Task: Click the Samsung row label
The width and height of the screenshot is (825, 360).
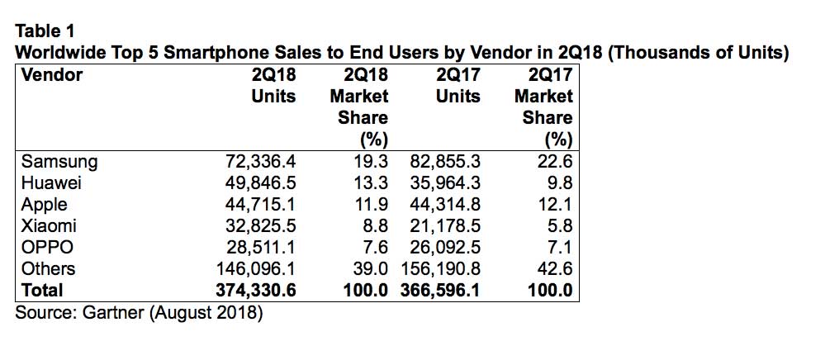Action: coord(59,161)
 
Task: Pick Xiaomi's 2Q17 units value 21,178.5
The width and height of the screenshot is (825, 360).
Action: coord(444,225)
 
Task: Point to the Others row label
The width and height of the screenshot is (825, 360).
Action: coord(49,268)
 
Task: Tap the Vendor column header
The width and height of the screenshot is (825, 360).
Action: coord(51,75)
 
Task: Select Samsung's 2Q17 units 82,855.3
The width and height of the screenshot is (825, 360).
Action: coord(444,161)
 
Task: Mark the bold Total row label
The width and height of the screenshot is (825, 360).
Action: coord(42,290)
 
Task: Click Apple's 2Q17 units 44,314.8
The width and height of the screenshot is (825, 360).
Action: coord(444,204)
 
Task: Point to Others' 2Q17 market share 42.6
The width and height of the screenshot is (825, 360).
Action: coord(553,268)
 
